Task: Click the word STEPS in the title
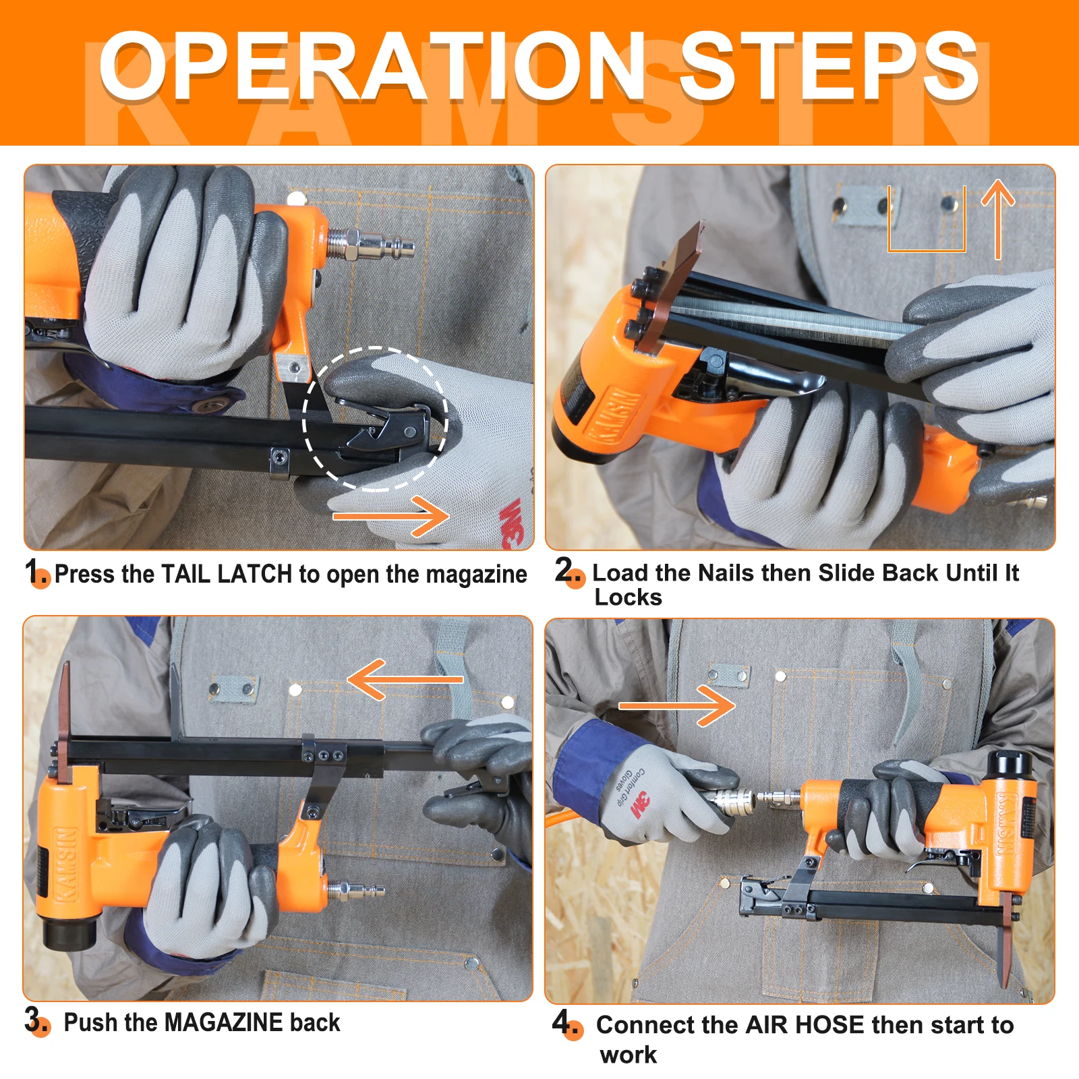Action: pyautogui.click(x=829, y=66)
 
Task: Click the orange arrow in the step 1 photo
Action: pyautogui.click(x=391, y=517)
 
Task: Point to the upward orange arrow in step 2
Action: pyautogui.click(x=998, y=220)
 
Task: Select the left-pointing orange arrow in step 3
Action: pyautogui.click(x=405, y=679)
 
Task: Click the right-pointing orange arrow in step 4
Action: pyautogui.click(x=677, y=706)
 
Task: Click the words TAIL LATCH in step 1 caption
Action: pyautogui.click(x=227, y=574)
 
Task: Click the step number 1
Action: pyautogui.click(x=32, y=571)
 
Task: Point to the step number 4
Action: pyautogui.click(x=562, y=1021)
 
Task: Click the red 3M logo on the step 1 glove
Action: pyautogui.click(x=513, y=523)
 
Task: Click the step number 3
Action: pyautogui.click(x=32, y=1019)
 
